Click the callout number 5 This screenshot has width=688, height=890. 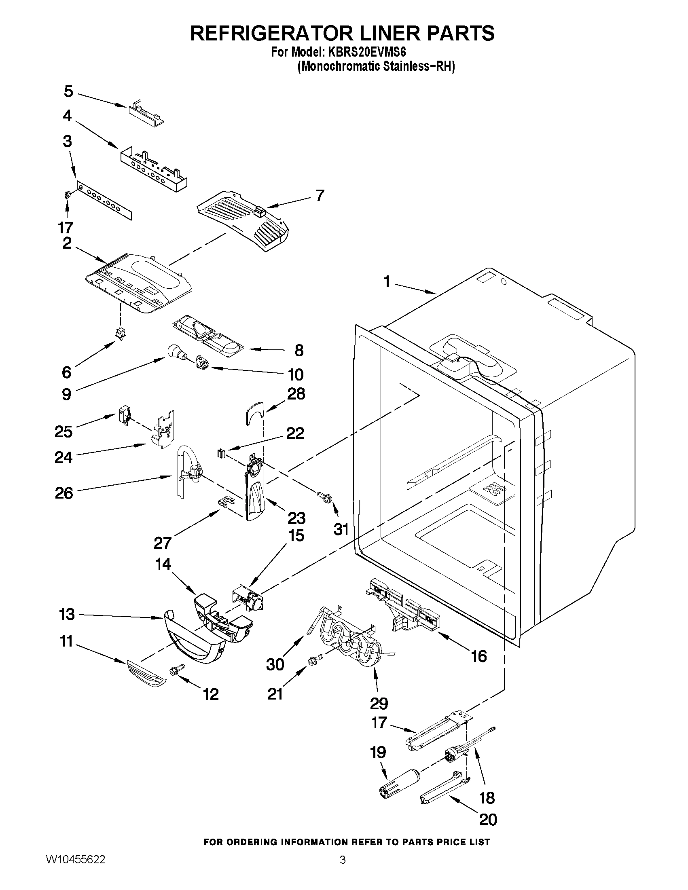(68, 92)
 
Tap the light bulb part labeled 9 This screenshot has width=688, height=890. (175, 351)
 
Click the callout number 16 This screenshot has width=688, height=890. (479, 656)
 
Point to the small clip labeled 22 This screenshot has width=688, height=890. (221, 453)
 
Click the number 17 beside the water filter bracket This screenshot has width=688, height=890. (379, 723)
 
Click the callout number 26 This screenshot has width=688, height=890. (64, 493)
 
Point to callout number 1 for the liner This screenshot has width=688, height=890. (387, 281)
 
